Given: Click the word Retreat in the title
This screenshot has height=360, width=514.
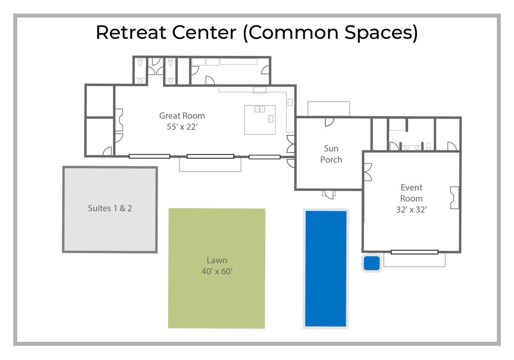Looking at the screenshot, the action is point(131,32).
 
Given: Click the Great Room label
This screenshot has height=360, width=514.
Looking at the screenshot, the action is point(182,116).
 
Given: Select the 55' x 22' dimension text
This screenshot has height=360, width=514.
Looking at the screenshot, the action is point(182,127).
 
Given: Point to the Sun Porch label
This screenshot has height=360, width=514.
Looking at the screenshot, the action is point(331,154).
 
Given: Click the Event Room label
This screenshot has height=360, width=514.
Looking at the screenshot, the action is point(411,193).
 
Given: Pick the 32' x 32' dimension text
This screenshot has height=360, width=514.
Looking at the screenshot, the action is point(411,210).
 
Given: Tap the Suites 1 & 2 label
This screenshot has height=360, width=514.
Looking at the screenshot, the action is point(110,208).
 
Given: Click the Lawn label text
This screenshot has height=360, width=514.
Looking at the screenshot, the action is point(217,260).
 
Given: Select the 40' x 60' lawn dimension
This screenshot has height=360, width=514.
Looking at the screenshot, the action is point(217,271).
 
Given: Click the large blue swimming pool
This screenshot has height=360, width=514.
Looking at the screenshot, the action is point(326,268).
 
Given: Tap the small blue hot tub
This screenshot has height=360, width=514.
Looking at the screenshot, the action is point(372,263).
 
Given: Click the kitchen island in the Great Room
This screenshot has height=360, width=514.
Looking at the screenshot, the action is point(260,120).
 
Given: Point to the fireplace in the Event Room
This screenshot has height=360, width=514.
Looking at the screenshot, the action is point(454,198).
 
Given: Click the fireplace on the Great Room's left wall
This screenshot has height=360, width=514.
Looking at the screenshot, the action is point(119,120).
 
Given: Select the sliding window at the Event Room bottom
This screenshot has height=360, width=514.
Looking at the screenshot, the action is point(414,252).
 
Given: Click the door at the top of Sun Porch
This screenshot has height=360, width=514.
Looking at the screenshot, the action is point(330,122).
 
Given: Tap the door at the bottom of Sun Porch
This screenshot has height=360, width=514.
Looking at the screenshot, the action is point(328,194).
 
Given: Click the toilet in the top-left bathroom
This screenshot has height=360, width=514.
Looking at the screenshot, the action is point(140,62).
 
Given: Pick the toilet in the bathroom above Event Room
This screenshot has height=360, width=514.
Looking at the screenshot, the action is point(429,146).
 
